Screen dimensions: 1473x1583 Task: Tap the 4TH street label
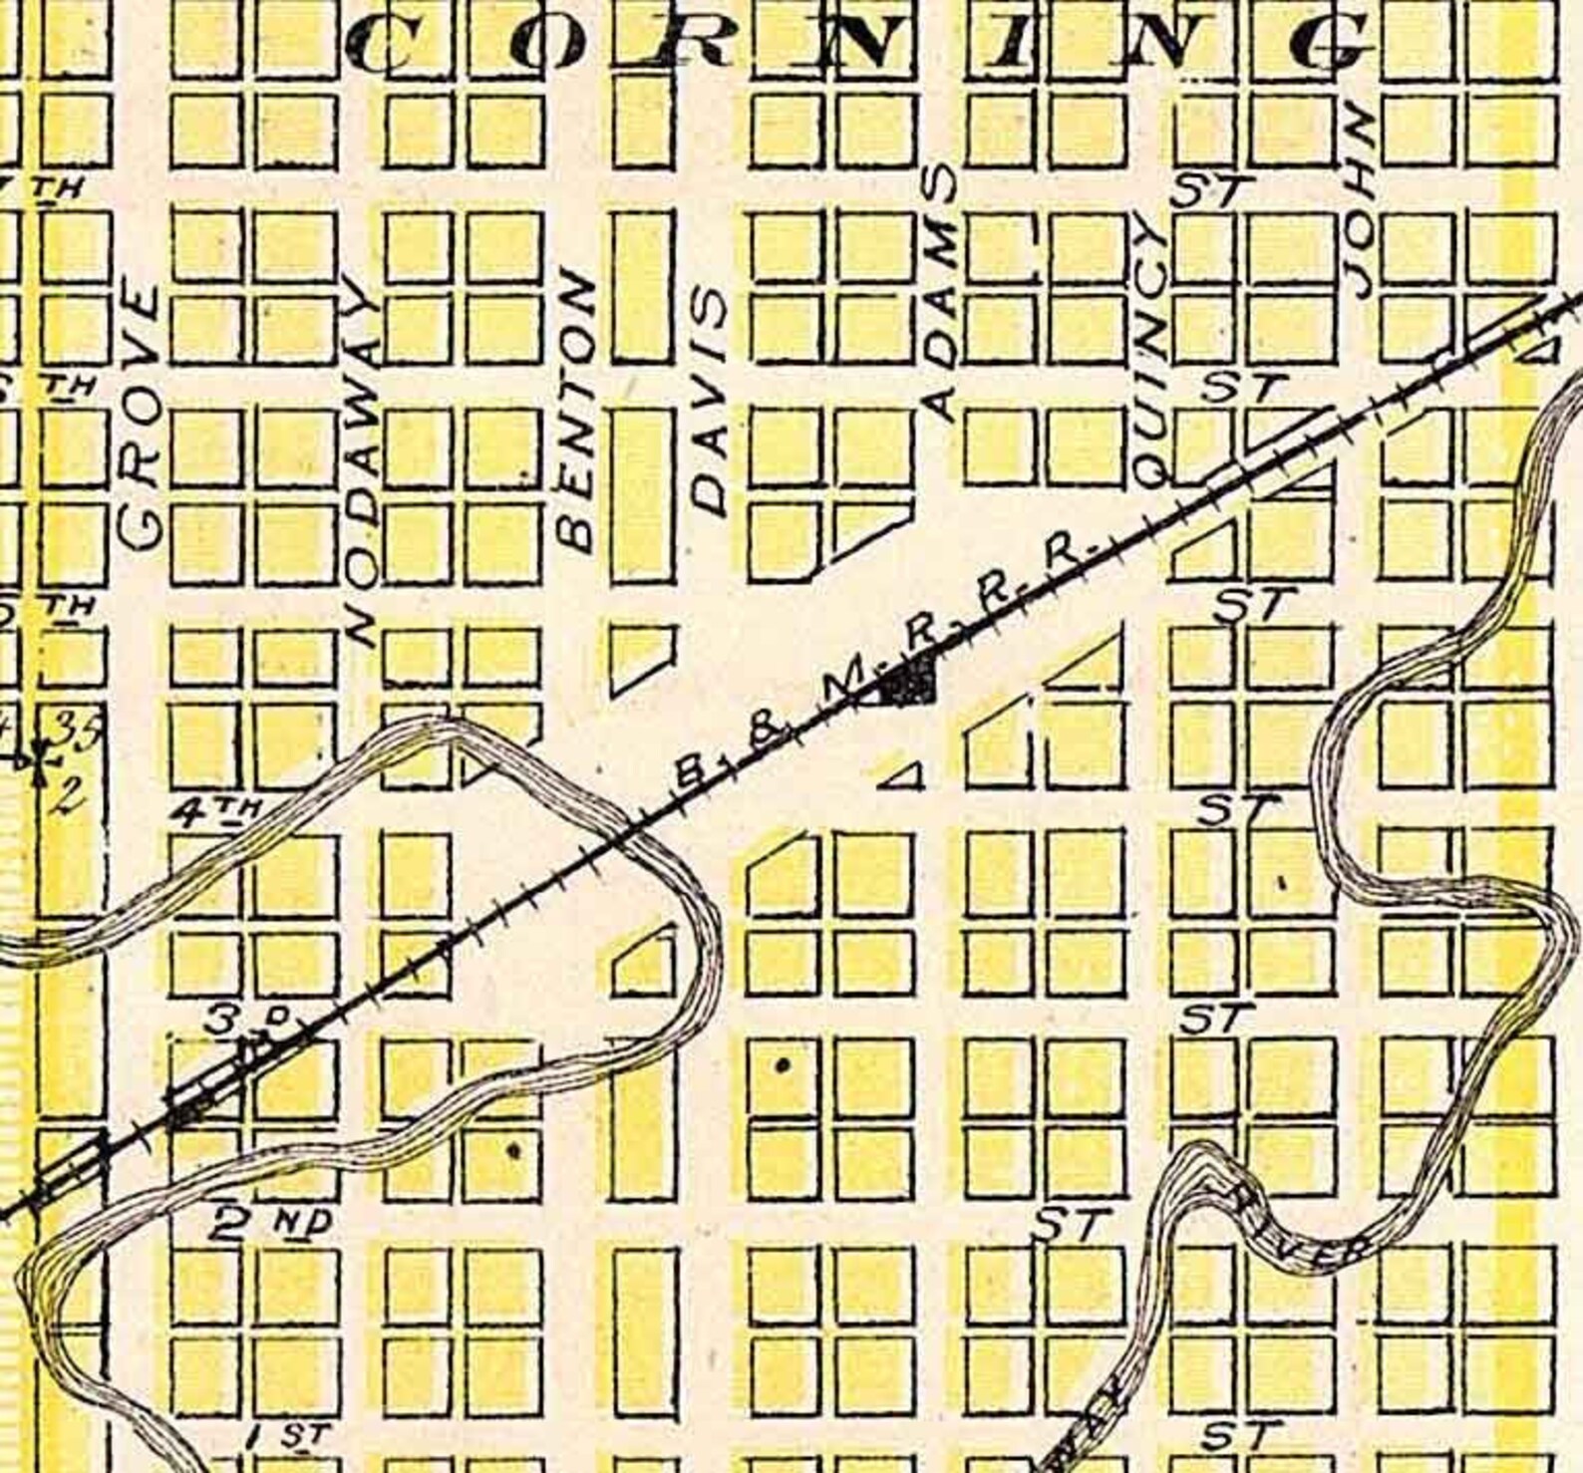(214, 814)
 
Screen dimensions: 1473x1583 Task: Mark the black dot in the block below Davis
(783, 1065)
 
